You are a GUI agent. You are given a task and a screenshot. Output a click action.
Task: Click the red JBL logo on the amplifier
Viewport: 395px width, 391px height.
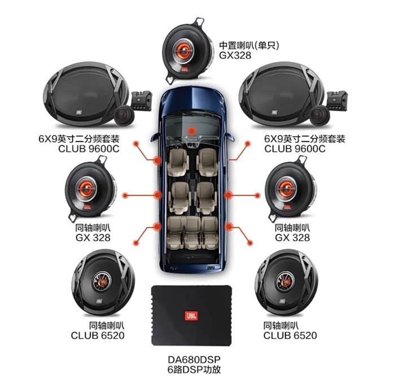coord(191,315)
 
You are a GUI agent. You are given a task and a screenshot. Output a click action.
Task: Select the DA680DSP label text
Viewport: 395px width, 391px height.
coord(194,359)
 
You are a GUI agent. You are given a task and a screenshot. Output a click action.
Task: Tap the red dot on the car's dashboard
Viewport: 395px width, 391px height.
coord(192,131)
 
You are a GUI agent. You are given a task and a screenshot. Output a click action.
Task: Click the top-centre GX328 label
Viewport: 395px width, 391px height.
coord(235,55)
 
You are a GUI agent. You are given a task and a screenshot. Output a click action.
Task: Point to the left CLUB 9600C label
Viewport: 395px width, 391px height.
coord(89,149)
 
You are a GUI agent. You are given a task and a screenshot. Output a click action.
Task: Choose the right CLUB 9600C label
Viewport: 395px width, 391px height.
coord(295,149)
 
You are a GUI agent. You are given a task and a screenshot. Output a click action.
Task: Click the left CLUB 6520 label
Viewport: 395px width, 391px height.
coord(98,336)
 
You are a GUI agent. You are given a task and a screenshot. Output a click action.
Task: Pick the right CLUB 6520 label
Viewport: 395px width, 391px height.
coord(290,335)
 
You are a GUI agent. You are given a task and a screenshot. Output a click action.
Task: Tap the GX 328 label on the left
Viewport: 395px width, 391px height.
coord(93,238)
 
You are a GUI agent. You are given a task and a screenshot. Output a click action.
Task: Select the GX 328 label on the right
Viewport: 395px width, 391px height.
coord(292,238)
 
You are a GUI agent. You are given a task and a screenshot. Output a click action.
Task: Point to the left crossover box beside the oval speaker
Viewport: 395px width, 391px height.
coord(142,101)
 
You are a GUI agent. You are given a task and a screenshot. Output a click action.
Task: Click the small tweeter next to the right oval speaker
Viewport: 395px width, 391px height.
coord(320,115)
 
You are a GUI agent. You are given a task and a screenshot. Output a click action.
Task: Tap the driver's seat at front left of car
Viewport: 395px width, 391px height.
coord(178,163)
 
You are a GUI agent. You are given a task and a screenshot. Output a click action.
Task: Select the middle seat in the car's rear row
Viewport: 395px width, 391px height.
coord(193,232)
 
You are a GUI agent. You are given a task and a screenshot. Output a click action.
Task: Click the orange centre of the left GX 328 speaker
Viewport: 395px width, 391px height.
coord(86,188)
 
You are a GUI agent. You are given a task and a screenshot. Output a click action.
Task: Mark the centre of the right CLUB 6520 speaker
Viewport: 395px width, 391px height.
coord(286,281)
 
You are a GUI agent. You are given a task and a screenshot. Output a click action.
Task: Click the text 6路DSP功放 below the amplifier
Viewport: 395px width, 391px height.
coord(194,370)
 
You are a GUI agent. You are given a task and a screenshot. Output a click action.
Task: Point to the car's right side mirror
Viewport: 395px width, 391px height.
coord(230,137)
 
